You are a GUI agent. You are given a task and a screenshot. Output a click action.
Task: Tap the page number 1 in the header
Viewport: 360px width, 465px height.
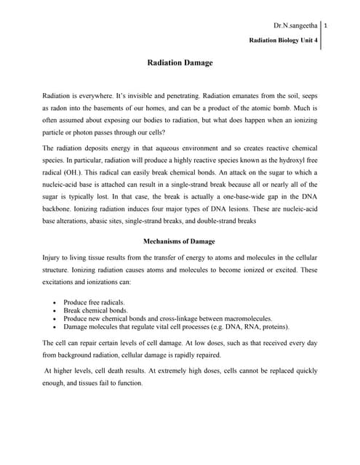(327, 26)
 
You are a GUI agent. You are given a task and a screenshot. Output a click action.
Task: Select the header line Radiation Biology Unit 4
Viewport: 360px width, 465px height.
(284, 41)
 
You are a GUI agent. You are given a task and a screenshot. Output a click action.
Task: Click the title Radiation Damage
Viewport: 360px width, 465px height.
(180, 63)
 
